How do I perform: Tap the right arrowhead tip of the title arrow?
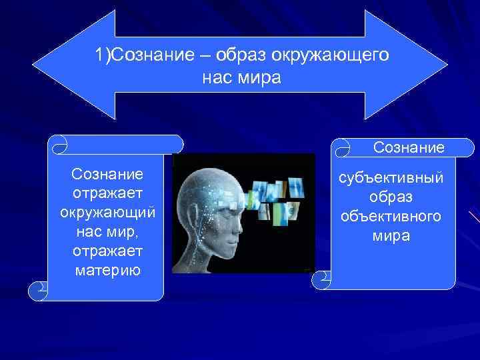tap(446, 65)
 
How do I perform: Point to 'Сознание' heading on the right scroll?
tap(409, 147)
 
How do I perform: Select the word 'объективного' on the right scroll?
tap(393, 217)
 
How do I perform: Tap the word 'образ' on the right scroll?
tap(393, 199)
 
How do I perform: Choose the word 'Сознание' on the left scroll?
tap(107, 175)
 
